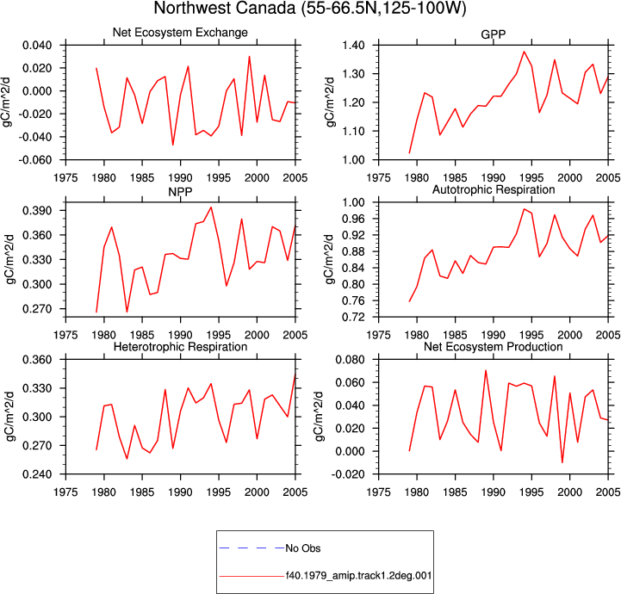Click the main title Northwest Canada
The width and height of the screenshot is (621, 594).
point(225,8)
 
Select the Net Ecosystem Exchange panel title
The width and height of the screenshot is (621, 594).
point(180,33)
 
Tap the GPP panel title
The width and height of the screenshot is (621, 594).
point(493,34)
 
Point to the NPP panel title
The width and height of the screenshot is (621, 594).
point(180,192)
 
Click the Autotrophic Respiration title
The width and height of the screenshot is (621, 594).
point(494,190)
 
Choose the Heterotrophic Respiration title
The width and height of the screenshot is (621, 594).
point(180,347)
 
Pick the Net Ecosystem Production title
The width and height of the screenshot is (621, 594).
point(493,347)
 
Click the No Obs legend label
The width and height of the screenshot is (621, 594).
point(303,548)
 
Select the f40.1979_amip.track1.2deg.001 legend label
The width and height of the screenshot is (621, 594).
point(358,575)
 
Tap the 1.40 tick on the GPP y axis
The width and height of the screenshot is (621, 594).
point(354,45)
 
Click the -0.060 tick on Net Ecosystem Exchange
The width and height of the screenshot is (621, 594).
point(36,160)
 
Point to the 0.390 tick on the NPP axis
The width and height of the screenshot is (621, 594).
point(37,211)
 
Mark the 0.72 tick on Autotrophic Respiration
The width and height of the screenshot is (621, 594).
point(354,317)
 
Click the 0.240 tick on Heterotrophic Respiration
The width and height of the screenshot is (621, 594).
point(37,474)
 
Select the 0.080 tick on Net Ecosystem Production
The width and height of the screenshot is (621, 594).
point(350,360)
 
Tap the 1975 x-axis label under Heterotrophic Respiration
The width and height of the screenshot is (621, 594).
point(65,492)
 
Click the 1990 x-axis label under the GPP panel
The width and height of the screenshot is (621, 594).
point(494,178)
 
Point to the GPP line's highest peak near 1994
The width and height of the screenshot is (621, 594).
point(524,52)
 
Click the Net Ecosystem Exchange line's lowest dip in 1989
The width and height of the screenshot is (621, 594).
point(172,145)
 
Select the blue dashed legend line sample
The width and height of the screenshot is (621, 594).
point(252,548)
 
